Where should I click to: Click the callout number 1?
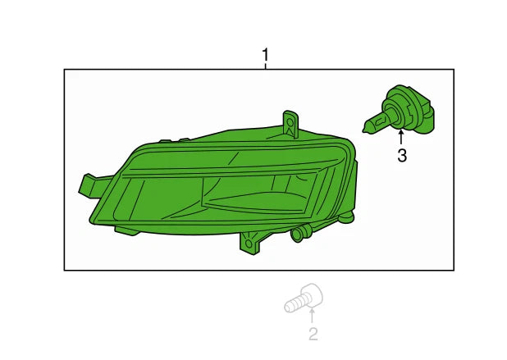[265, 55]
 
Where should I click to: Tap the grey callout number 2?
[313, 334]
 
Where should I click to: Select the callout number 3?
[402, 156]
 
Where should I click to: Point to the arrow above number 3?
[401, 136]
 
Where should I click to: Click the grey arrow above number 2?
[312, 315]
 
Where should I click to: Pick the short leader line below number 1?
[266, 66]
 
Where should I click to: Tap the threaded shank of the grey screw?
[293, 305]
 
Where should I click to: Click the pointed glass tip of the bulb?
[364, 130]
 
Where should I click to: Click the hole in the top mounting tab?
[290, 122]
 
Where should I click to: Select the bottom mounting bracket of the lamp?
[250, 243]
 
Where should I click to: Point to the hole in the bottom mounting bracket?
[249, 243]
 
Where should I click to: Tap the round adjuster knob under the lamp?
[297, 234]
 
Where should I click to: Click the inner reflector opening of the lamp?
[258, 194]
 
